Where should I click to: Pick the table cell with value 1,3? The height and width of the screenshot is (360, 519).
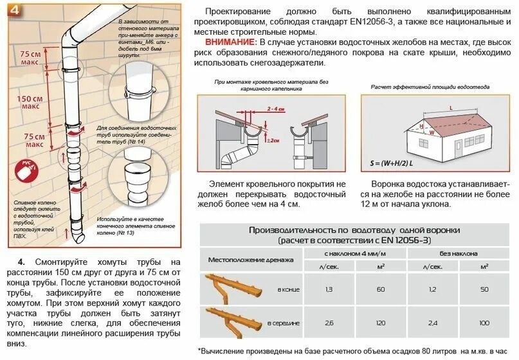coord(329,290)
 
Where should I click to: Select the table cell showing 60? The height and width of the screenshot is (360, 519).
coord(380,290)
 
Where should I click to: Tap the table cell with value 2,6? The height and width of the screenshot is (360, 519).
coord(329,322)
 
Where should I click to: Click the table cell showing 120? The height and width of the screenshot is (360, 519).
coord(380,322)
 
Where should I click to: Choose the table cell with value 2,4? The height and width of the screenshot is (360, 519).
coord(433,322)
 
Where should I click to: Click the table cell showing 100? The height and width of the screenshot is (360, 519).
coord(484,322)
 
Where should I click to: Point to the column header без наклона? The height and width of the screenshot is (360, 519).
coord(458,253)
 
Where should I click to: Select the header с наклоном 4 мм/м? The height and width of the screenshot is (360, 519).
coord(354,253)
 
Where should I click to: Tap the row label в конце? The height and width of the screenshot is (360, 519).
coord(288,291)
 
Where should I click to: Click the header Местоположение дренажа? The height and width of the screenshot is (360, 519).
coord(250,260)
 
